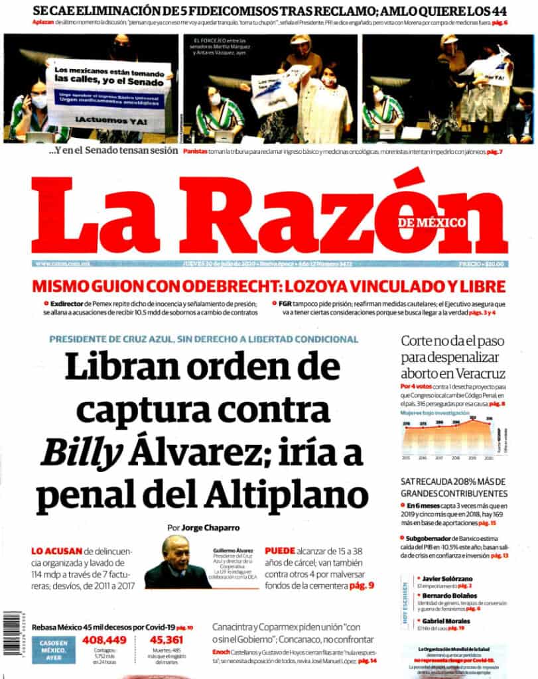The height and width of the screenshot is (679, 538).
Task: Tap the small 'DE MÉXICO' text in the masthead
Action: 432,222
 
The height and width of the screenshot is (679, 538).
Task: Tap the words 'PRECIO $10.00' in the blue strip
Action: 481,264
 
